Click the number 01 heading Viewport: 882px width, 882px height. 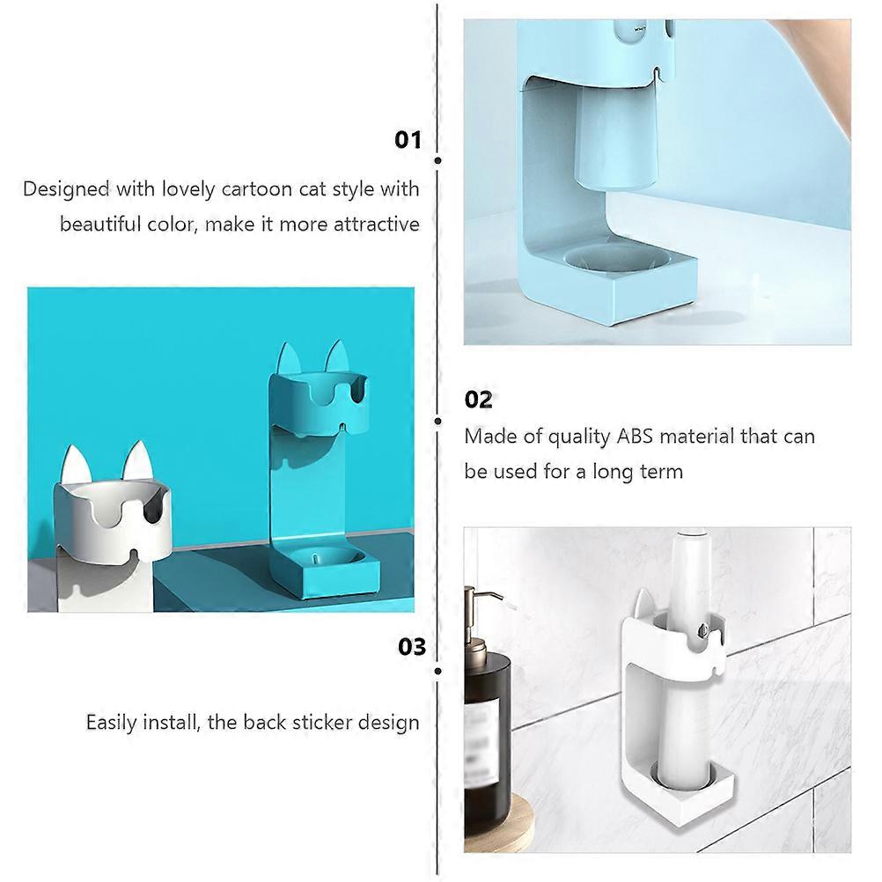click(x=408, y=140)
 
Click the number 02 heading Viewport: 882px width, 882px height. click(x=478, y=400)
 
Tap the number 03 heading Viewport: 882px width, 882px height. click(x=412, y=647)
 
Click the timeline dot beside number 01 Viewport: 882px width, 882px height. click(x=437, y=161)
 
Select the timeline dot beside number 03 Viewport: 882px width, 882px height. click(x=437, y=671)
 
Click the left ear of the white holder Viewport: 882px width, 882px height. click(x=76, y=465)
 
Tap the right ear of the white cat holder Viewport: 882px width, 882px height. click(x=138, y=461)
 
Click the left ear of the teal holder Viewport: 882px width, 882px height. click(x=290, y=359)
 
